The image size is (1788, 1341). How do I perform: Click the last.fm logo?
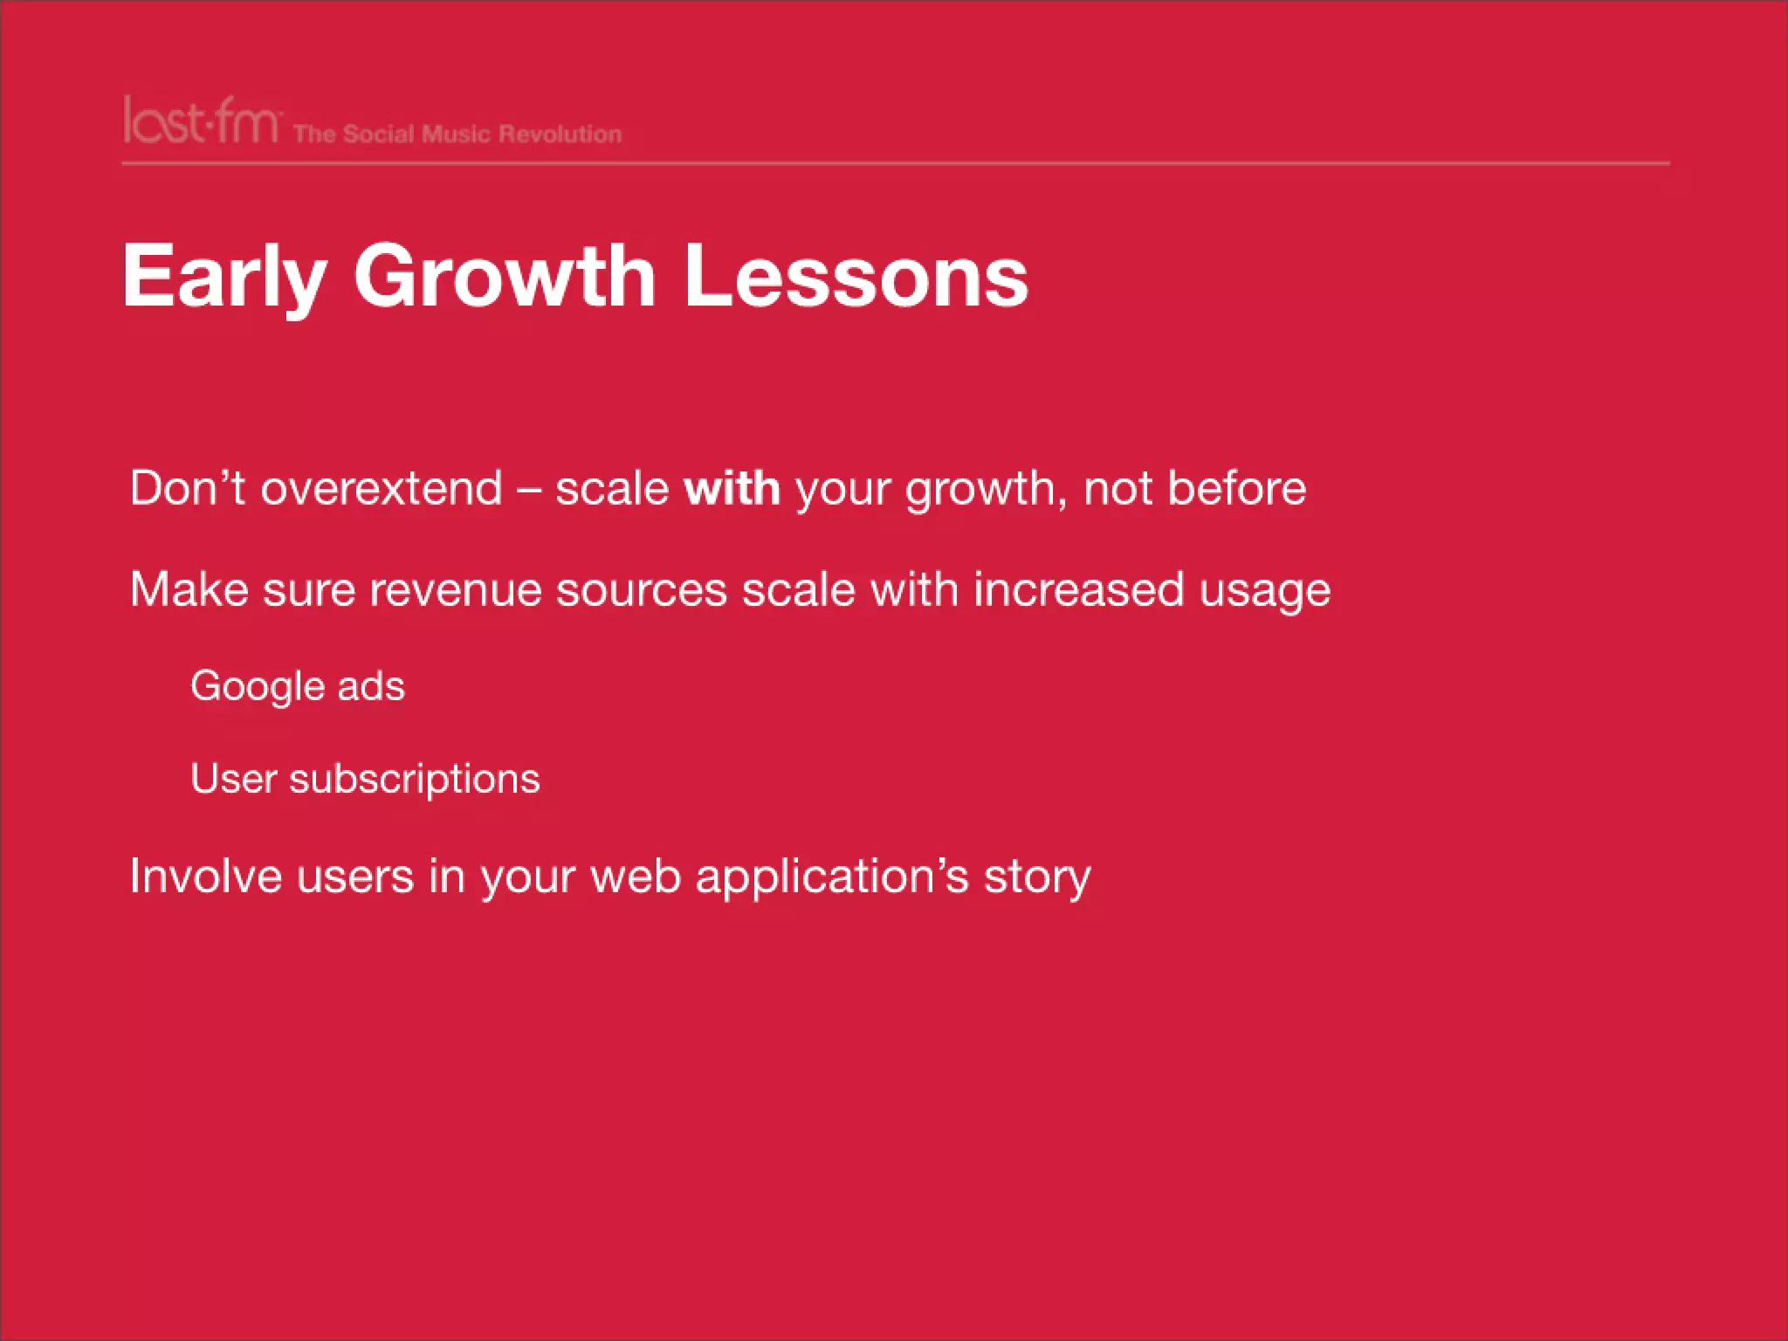click(202, 121)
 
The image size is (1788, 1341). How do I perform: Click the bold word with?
click(732, 488)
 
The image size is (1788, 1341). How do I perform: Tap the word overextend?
click(382, 488)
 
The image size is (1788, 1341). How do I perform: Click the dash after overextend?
click(529, 490)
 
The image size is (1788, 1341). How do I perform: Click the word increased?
click(1078, 589)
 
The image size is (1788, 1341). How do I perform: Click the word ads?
click(372, 687)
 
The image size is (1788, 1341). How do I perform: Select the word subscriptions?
click(415, 780)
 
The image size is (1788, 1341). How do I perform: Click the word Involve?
click(206, 876)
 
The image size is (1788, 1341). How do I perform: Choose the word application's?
click(832, 877)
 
